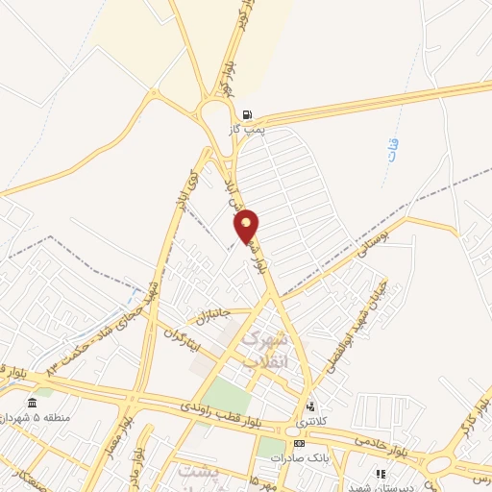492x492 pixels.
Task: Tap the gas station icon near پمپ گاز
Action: pyautogui.click(x=248, y=112)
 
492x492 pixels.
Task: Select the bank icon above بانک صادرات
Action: pyautogui.click(x=299, y=444)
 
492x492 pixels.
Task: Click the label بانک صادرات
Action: pyautogui.click(x=299, y=458)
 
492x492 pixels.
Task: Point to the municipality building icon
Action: pyautogui.click(x=34, y=402)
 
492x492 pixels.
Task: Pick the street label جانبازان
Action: pyautogui.click(x=212, y=313)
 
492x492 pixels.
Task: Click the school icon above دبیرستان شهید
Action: pyautogui.click(x=381, y=474)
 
